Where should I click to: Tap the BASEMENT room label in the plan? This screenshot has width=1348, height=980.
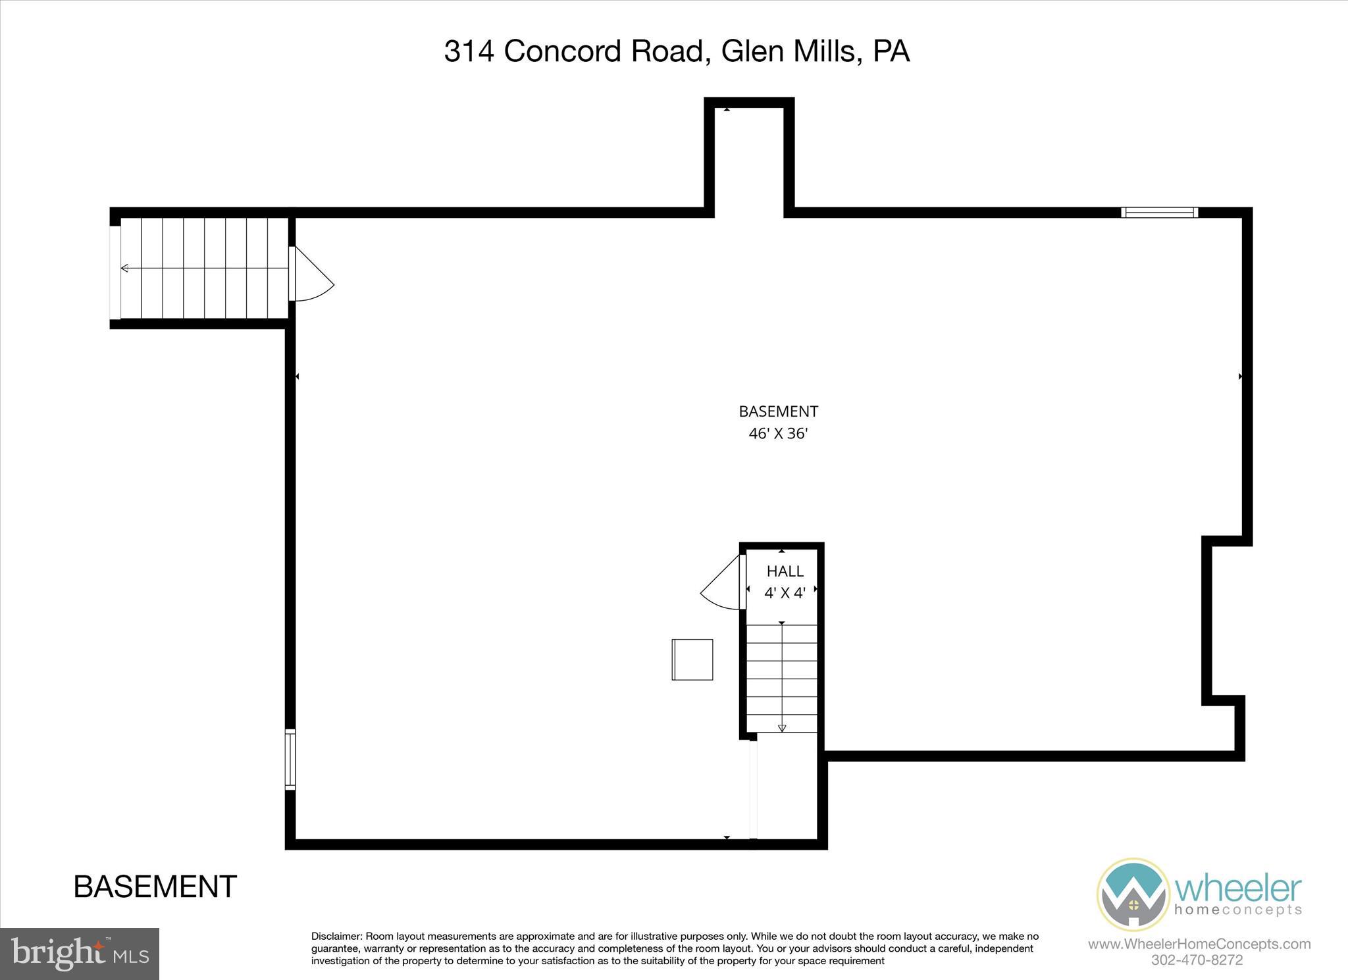click(778, 412)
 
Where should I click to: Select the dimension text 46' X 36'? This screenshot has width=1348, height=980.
click(778, 434)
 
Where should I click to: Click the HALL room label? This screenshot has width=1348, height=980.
click(785, 571)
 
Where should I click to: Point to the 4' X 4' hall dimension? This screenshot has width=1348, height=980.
click(785, 593)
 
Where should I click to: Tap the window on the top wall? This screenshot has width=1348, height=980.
click(1159, 212)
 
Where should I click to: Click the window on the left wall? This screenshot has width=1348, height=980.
click(290, 759)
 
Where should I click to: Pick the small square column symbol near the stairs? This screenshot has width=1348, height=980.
click(692, 659)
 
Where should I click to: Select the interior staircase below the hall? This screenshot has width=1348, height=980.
click(782, 678)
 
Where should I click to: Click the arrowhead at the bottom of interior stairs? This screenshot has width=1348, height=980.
click(782, 728)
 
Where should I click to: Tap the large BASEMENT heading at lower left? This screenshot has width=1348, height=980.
click(155, 887)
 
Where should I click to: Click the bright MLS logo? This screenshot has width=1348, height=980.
click(80, 954)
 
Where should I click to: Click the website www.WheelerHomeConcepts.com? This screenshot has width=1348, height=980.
click(1199, 944)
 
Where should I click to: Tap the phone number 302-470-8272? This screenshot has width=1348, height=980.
click(1197, 960)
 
